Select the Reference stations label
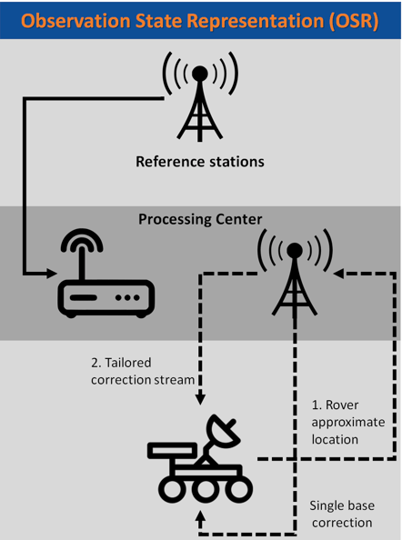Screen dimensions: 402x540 [200, 162]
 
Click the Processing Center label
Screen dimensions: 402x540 [200, 219]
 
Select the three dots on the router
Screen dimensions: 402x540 [128, 297]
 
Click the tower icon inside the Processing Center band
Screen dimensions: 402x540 [295, 272]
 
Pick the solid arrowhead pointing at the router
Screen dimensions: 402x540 [52, 274]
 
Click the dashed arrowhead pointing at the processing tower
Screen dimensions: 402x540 [338, 274]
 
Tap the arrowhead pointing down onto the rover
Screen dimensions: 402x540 [200, 399]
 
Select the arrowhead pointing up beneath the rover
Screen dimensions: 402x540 [200, 515]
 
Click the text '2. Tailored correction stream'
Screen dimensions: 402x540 [143, 371]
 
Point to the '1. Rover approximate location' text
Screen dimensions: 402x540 [348, 422]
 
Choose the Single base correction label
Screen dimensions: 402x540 [342, 515]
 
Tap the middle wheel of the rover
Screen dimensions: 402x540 [206, 489]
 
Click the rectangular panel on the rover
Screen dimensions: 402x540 [170, 451]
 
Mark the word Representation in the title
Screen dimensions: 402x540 [256, 22]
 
